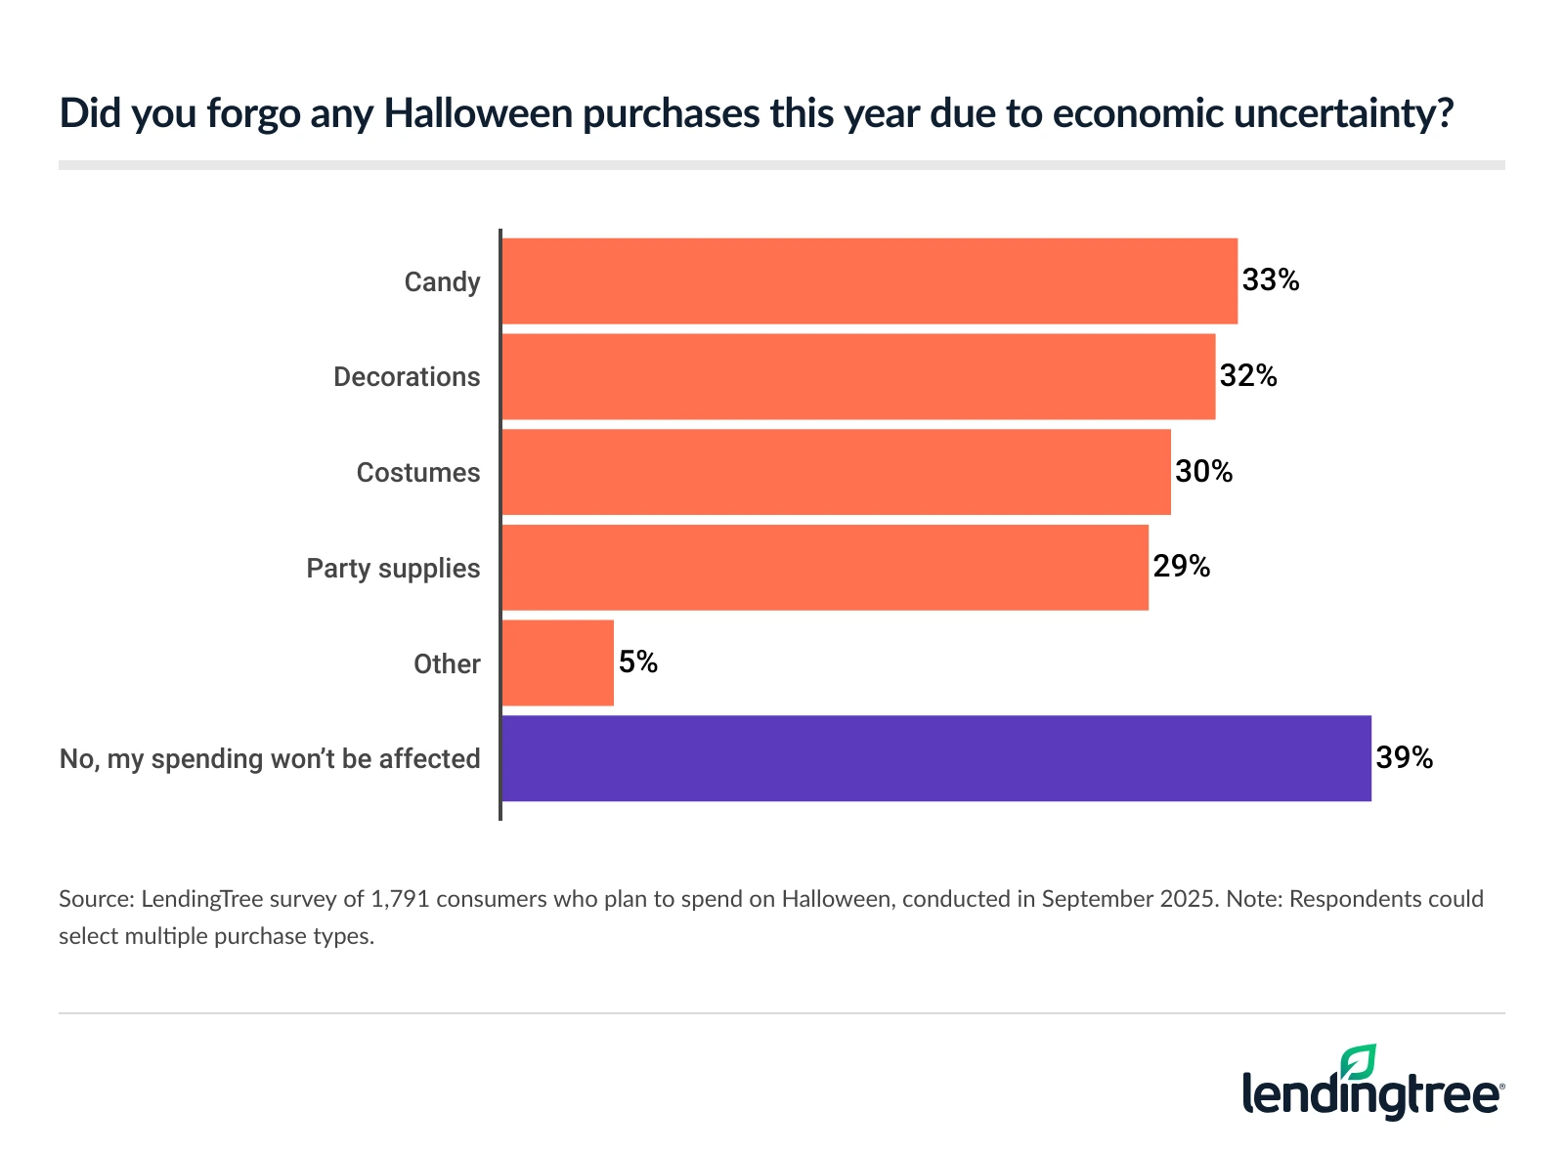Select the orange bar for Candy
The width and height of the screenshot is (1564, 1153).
[x=869, y=281]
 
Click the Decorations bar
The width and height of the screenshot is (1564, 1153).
[x=858, y=376]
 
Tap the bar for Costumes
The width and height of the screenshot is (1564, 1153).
[x=836, y=472]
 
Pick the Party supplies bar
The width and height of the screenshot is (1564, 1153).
[x=825, y=568]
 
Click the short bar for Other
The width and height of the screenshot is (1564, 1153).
[x=558, y=662]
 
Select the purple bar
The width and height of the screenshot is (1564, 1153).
[x=935, y=758]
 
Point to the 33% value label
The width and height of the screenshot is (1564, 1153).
[x=1271, y=280]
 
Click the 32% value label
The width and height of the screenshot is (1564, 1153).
[x=1248, y=376]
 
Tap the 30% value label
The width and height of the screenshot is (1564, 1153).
[x=1204, y=472]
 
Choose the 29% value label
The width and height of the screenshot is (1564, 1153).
[x=1182, y=567]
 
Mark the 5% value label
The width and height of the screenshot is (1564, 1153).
[x=638, y=662]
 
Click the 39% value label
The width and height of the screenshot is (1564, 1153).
[x=1405, y=758]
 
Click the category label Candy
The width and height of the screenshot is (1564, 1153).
[x=442, y=282]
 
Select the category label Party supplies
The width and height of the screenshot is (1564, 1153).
[x=393, y=569]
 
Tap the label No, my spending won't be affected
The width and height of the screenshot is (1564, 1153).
[x=270, y=759]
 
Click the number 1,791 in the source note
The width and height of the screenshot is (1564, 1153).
[x=400, y=899]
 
